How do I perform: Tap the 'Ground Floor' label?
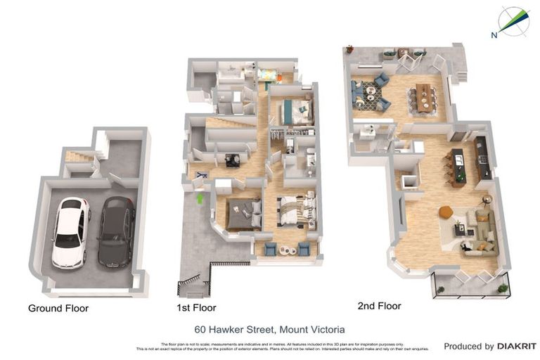(x=58, y=308)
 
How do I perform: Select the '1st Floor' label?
(x=196, y=308)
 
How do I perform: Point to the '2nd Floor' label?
(x=378, y=306)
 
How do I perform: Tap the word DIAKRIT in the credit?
(x=517, y=346)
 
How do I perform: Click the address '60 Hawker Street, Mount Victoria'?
(x=269, y=329)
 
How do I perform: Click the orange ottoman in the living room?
(x=446, y=212)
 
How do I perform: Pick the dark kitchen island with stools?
(x=458, y=167)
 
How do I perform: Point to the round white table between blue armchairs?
(x=286, y=250)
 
